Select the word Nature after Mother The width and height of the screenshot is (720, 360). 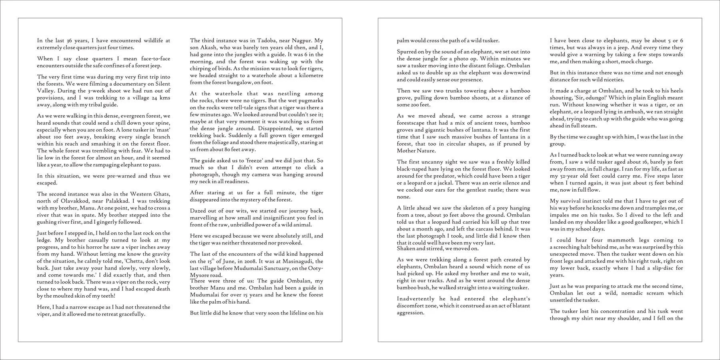coord(427,151)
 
